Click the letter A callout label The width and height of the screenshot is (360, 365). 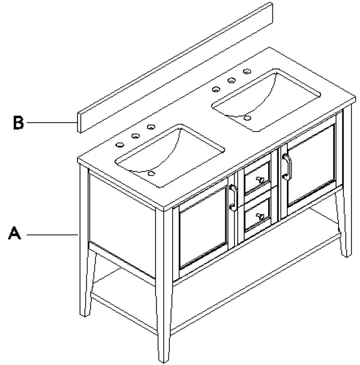(15, 234)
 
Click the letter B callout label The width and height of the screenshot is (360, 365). (19, 122)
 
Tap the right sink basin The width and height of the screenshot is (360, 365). (265, 100)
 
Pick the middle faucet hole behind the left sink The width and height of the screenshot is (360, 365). (134, 136)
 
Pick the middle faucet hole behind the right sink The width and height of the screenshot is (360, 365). (232, 80)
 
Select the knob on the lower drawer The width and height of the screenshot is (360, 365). (260, 216)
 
